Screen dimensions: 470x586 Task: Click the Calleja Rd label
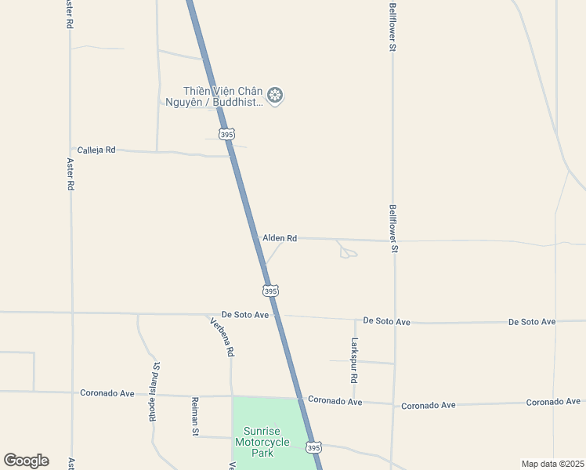coord(96,150)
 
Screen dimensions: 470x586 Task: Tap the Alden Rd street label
coord(280,238)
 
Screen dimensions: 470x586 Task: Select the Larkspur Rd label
coord(355,360)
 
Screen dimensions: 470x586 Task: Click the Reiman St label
coord(196,416)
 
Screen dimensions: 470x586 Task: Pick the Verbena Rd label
coord(222,337)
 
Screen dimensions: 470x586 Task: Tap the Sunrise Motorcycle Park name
coord(262,442)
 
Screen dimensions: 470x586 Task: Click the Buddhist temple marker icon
coord(275,96)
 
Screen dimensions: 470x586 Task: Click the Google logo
coord(26,461)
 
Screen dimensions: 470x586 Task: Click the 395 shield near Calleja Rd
coord(226,135)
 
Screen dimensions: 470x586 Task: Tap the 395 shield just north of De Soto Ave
coord(270,291)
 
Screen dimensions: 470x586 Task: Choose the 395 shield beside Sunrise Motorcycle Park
coord(313,447)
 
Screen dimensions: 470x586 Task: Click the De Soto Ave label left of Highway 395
coord(245,315)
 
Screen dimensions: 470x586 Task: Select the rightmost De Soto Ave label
coord(532,322)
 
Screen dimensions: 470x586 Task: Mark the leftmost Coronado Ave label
coord(107,393)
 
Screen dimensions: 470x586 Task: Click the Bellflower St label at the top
coord(392,27)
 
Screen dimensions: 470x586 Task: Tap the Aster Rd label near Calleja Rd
coord(71,175)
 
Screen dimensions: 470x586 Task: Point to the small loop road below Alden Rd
coord(347,251)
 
